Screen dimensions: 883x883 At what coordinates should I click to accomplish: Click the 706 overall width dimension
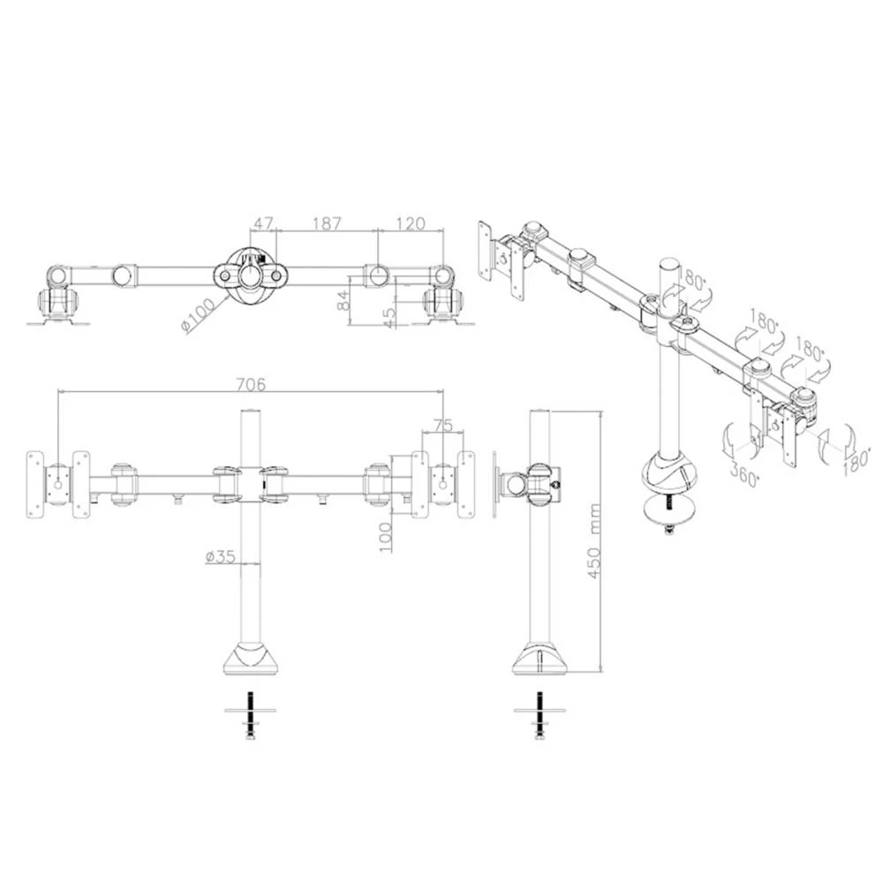249,384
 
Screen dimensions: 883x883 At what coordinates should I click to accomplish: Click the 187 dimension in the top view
327,224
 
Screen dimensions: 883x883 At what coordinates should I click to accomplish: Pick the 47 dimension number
263,224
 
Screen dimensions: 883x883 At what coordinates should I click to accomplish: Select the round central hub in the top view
253,275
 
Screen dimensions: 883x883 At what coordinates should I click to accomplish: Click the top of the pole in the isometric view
668,267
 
